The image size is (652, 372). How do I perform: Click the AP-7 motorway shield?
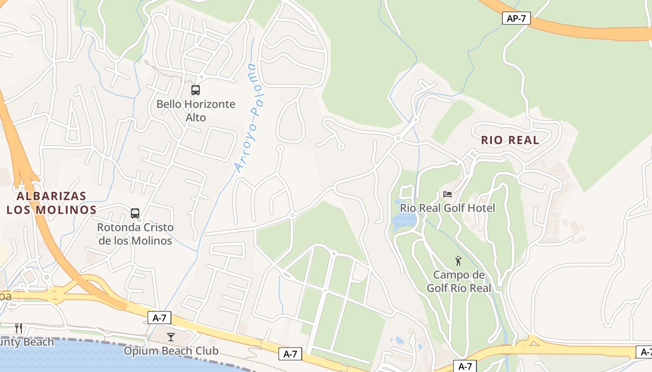516,19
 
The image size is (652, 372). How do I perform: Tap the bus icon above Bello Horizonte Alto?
196,90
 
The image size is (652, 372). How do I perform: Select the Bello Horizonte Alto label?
196,111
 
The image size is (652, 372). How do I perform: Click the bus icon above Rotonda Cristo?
135,213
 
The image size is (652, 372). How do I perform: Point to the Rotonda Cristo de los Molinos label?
135,234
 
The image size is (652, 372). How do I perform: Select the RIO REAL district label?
510,140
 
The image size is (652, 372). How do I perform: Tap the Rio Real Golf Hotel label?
448,208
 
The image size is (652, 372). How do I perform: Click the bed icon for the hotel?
448,194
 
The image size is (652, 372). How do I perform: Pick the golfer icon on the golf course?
458,261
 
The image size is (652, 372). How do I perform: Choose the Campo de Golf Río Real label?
459,281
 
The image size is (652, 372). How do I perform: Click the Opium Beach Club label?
171,351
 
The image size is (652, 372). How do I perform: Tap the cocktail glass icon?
171,337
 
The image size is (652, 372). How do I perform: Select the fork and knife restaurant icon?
19,328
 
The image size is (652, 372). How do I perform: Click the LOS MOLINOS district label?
51,210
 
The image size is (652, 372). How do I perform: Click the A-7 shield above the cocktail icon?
159,318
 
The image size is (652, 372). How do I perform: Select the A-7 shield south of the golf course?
465,366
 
